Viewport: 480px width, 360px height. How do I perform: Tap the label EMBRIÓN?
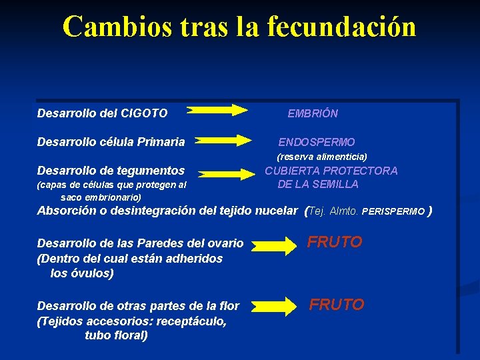[313, 113]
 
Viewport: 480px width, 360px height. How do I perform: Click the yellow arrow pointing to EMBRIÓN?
[217, 110]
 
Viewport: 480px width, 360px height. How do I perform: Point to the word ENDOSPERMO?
[317, 142]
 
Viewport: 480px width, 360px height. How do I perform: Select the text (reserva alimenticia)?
[322, 156]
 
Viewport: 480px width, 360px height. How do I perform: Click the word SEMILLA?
[336, 184]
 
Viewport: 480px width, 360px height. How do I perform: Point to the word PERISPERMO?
[393, 211]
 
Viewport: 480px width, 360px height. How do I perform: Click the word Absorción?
[66, 211]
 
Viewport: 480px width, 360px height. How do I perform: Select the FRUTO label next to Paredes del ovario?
[334, 242]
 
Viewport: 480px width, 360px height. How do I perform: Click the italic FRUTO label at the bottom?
[337, 305]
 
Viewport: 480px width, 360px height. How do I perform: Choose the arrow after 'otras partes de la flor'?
[278, 307]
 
